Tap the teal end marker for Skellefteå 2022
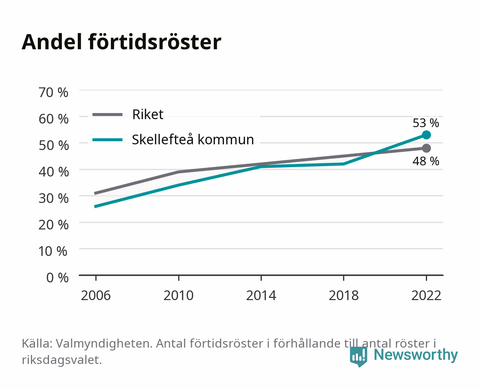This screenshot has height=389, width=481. point(426,135)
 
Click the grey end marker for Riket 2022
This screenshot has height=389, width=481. point(426,148)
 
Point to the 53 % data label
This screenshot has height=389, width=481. point(426,123)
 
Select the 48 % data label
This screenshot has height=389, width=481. point(426,161)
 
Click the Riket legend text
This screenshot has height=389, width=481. point(148,114)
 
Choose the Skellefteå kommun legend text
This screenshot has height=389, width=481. point(193,139)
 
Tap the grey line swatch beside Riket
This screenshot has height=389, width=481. point(108,115)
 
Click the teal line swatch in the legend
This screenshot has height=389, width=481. point(108,140)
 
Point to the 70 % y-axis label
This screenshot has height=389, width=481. point(53,93)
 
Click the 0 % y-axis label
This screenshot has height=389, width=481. point(57,278)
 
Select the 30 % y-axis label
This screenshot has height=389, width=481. point(53,198)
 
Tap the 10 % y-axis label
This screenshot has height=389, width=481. point(53,251)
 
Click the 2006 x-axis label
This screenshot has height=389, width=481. point(96,295)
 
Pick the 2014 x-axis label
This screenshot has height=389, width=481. point(261,295)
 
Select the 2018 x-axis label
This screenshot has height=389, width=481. point(344,295)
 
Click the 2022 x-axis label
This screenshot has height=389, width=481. point(426,295)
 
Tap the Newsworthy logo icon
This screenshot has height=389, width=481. point(358,357)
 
